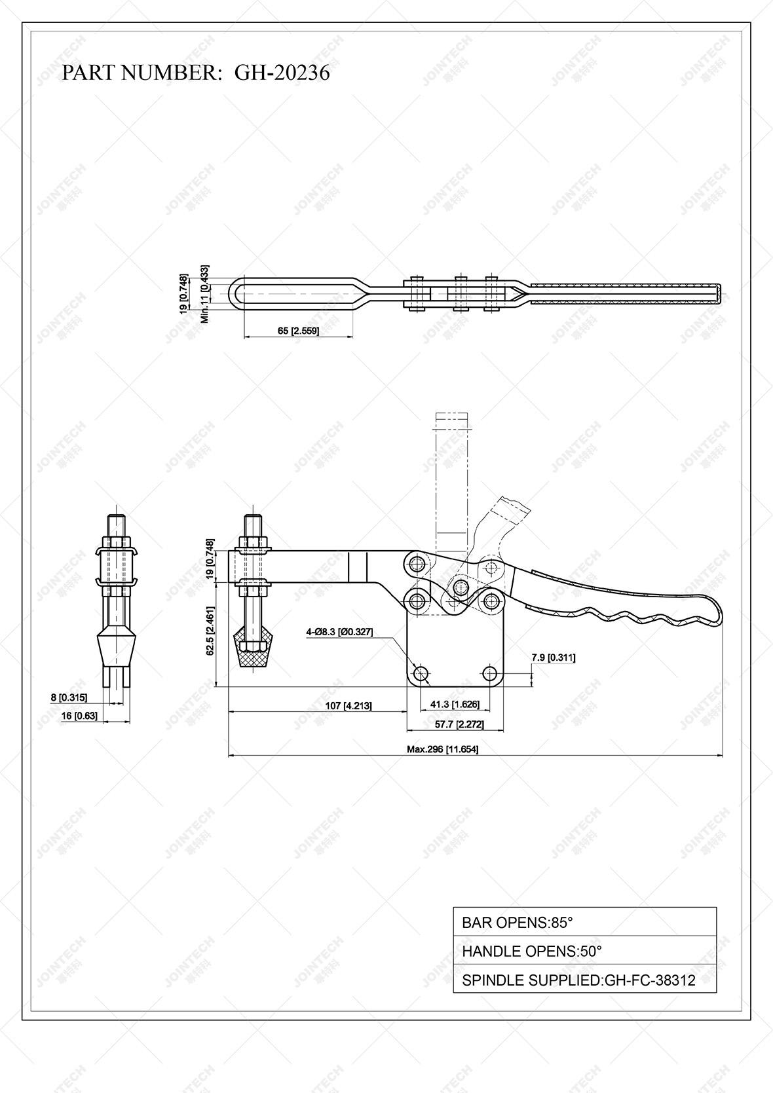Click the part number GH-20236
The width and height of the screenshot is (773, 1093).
click(x=282, y=73)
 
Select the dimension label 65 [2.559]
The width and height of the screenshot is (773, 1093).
click(x=298, y=331)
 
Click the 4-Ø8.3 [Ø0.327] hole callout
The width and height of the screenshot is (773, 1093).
click(x=339, y=632)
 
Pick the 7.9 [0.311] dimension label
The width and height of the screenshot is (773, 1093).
click(x=554, y=658)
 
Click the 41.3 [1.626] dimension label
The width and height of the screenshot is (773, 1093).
click(x=455, y=705)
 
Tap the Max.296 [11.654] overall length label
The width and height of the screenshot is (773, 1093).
click(x=443, y=749)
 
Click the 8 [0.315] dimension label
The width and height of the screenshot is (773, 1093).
click(x=69, y=697)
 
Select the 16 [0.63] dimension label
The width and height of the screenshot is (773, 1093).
click(x=79, y=716)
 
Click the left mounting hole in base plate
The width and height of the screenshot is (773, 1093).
click(x=421, y=673)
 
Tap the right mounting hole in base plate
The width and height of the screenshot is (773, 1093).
click(x=489, y=673)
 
